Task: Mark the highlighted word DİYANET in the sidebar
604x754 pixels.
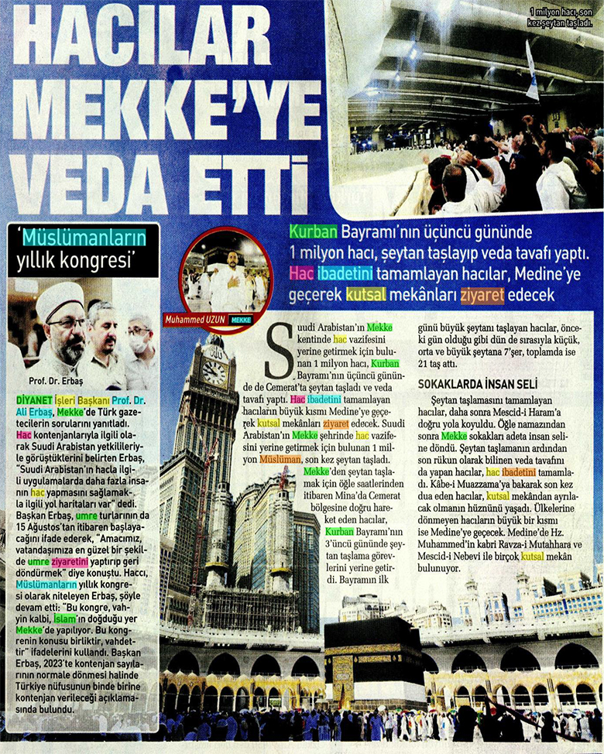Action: (29, 398)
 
